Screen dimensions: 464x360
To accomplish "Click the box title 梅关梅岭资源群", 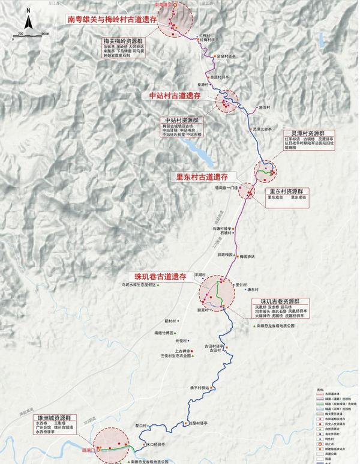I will click(x=123, y=41).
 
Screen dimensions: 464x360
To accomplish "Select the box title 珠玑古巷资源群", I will click(x=280, y=301).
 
